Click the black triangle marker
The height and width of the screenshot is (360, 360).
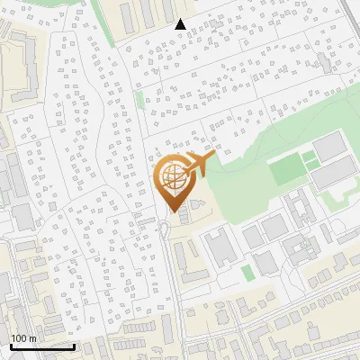pyautogui.click(x=181, y=24)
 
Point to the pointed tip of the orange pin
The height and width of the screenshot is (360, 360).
pyautogui.click(x=173, y=211)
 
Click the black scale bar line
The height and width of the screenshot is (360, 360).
pyautogui.click(x=41, y=346)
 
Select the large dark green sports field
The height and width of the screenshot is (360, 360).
pyautogui.click(x=287, y=167)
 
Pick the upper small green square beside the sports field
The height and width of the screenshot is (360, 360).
pyautogui.click(x=310, y=156)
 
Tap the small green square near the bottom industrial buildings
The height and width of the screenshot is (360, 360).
pyautogui.click(x=247, y=272)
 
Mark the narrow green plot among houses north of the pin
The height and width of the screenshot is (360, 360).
pyautogui.click(x=139, y=101)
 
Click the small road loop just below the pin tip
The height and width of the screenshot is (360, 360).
pyautogui.click(x=166, y=230)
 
